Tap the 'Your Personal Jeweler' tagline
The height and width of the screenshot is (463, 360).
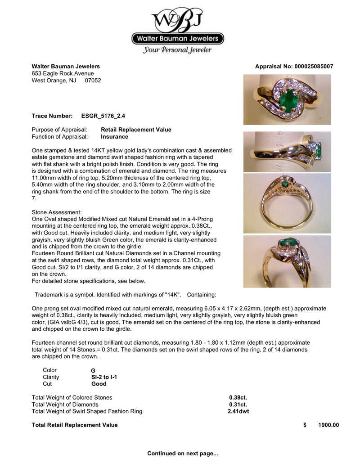(177, 50)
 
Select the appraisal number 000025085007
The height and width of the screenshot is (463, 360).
(314, 66)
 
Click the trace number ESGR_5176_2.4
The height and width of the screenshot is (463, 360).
(99, 116)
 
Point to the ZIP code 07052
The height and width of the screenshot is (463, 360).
(93, 81)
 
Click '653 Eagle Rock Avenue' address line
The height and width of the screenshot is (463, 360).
(63, 73)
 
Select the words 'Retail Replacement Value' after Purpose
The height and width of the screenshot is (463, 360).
(136, 130)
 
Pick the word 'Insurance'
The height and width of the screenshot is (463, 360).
(114, 137)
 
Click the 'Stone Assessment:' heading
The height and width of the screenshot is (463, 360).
(57, 211)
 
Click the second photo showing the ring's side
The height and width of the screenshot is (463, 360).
(287, 152)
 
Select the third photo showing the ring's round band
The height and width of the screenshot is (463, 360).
(287, 203)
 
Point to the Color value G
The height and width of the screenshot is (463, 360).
(93, 371)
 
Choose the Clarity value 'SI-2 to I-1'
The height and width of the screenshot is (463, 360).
(104, 377)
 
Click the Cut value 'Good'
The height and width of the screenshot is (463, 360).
(99, 384)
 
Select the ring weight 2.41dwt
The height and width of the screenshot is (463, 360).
(238, 411)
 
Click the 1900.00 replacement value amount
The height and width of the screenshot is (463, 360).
(328, 425)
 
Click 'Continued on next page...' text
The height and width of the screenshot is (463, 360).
(182, 453)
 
